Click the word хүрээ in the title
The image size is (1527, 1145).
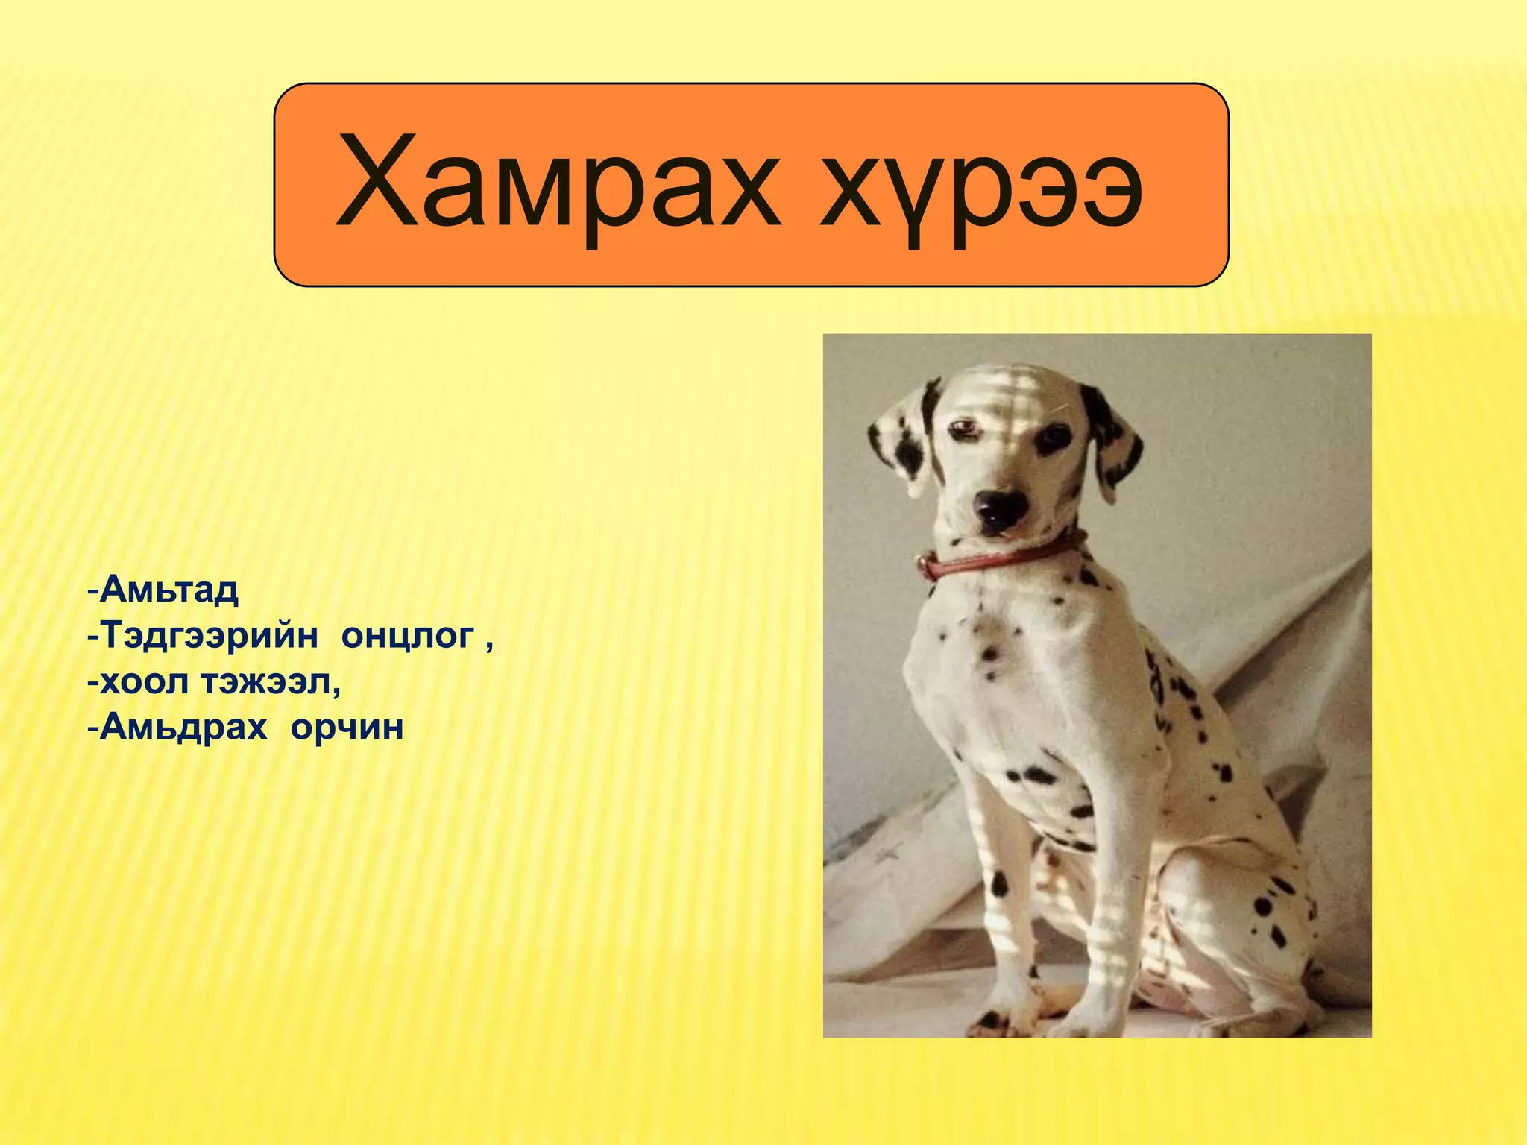981,186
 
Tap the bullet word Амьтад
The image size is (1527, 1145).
169,590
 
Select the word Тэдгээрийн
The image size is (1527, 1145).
210,636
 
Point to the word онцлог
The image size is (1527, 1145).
408,636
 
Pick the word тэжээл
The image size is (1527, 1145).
271,681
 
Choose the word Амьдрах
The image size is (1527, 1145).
183,727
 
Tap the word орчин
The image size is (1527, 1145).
347,727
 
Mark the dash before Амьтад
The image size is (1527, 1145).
92,591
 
